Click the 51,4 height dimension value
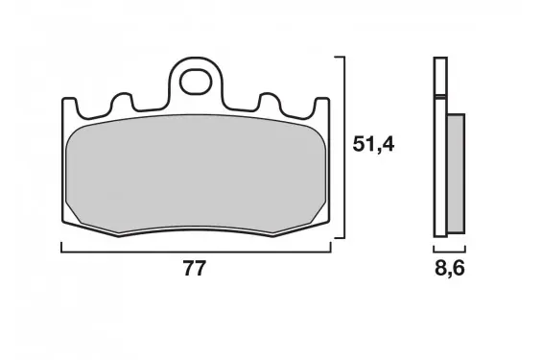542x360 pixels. (373, 144)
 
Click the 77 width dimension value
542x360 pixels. (195, 268)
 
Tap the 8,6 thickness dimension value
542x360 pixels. (449, 268)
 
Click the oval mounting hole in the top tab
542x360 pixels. (196, 82)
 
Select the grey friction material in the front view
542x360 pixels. (196, 173)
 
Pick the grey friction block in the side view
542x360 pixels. (456, 173)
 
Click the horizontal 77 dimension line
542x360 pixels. (196, 252)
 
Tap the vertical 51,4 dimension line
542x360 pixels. (344, 147)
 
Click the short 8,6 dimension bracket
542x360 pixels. (449, 252)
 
